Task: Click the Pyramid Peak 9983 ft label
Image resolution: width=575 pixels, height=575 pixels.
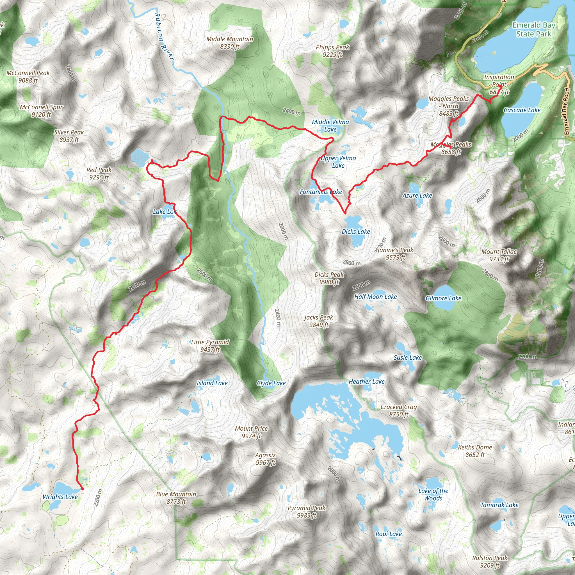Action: pos(307,511)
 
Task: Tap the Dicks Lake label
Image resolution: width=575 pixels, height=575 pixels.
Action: pos(356,232)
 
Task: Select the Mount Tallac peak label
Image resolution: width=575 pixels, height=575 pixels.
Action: pos(499,255)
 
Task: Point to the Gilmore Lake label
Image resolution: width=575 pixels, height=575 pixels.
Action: pos(443,298)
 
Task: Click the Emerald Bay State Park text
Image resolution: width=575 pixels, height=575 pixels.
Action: pos(534,29)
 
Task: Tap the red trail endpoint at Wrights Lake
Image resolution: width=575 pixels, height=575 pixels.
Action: pos(83,489)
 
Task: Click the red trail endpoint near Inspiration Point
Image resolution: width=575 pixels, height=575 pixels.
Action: pos(500,86)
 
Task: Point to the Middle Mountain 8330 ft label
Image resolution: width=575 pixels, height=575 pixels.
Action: pos(230,43)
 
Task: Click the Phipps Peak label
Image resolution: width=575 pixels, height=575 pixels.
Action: pos(332,51)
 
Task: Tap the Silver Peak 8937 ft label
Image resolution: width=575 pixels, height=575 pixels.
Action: pos(69,136)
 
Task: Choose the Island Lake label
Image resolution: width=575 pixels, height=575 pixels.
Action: pos(212,383)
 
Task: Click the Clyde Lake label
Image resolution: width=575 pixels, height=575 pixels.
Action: pos(271,383)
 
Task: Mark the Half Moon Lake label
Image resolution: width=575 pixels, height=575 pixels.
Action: pos(375,297)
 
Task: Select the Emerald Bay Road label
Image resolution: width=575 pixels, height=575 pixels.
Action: pos(566,111)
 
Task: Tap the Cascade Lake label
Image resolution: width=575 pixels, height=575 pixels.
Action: pos(522,110)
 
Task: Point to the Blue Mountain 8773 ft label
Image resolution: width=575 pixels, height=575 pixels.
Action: pos(176,498)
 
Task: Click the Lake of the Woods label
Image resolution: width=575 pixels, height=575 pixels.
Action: pos(433,494)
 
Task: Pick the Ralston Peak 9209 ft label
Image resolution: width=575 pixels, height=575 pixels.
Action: pos(490,561)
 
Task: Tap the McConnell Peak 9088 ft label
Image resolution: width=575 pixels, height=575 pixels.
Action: pos(28,76)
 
